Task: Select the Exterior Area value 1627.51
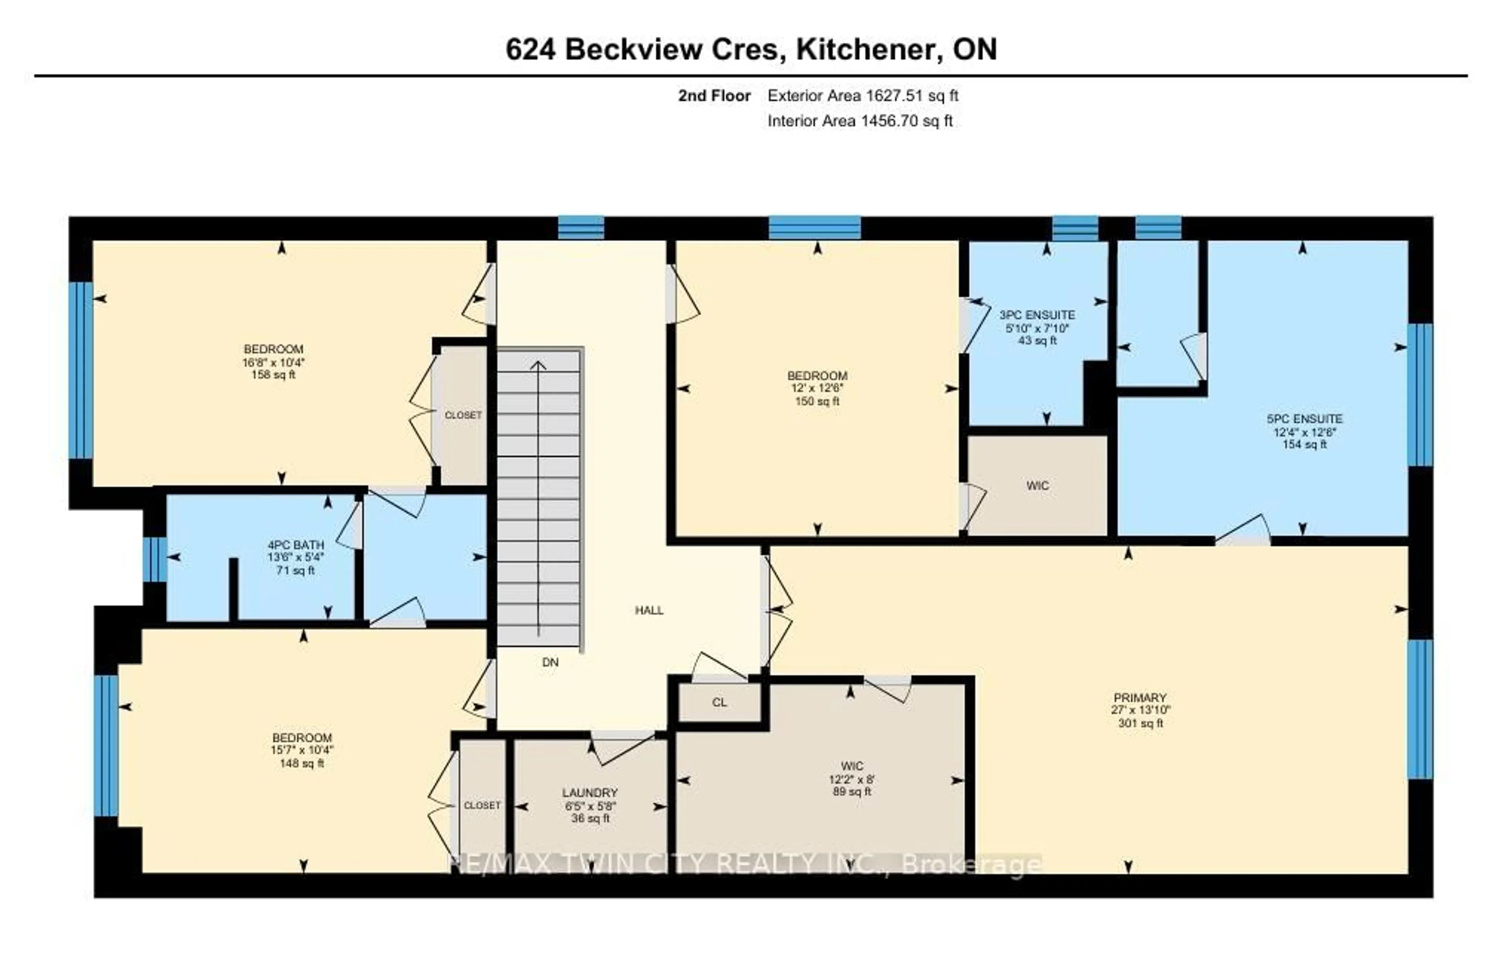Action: [894, 96]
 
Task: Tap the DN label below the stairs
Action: [550, 662]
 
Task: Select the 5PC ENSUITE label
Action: [1304, 419]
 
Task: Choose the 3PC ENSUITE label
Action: [1037, 315]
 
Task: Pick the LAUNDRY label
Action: [590, 793]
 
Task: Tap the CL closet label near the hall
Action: [719, 702]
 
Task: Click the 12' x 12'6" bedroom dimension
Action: [817, 388]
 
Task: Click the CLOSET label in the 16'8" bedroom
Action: [463, 415]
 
